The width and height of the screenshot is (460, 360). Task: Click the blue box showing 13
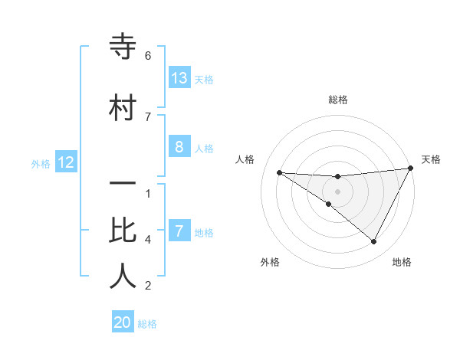[179, 78]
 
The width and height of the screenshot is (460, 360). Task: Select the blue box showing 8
[179, 147]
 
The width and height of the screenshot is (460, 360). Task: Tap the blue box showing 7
[179, 231]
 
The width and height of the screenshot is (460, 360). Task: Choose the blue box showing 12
[66, 162]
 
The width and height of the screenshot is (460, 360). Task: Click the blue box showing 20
[123, 323]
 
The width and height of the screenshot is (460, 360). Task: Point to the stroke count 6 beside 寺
[148, 56]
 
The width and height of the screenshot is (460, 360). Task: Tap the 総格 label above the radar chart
[338, 100]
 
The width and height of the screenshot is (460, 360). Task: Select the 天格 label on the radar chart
[432, 159]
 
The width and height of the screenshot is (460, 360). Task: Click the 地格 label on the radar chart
[402, 263]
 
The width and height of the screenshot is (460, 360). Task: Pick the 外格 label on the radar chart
[270, 263]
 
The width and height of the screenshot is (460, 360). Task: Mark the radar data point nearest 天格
[411, 169]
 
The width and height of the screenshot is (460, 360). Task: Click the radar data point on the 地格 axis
[374, 242]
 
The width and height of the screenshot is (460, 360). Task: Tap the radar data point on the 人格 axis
[279, 172]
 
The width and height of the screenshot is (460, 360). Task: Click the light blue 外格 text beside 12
[41, 163]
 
